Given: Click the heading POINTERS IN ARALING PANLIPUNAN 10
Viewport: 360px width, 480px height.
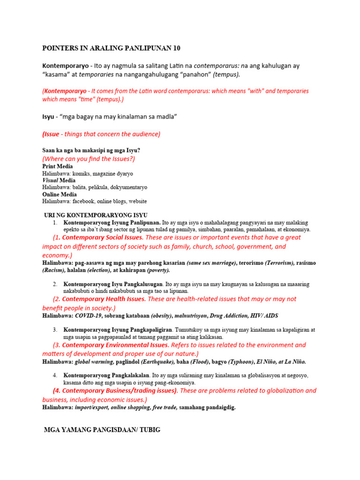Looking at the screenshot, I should (x=111, y=48).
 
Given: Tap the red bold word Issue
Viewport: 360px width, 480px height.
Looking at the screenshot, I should (x=52, y=134).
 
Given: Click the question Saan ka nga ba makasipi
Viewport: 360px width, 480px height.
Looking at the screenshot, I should (x=91, y=150).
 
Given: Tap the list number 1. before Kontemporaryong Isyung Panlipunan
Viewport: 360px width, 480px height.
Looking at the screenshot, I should (x=55, y=222).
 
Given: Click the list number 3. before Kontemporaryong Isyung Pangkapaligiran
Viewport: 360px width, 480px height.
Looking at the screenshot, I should (x=55, y=330).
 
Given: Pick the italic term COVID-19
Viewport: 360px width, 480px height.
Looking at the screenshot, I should (x=88, y=316).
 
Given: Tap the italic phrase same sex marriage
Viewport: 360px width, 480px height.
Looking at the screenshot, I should (x=211, y=263).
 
